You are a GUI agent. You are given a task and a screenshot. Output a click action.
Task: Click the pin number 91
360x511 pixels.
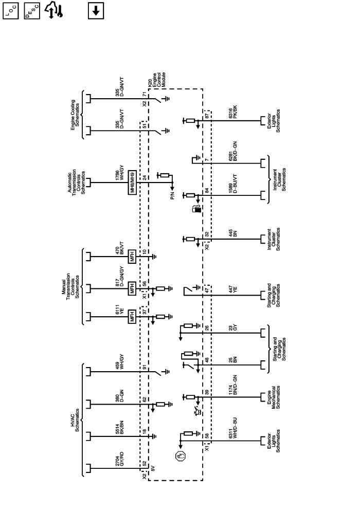click(145, 368)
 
